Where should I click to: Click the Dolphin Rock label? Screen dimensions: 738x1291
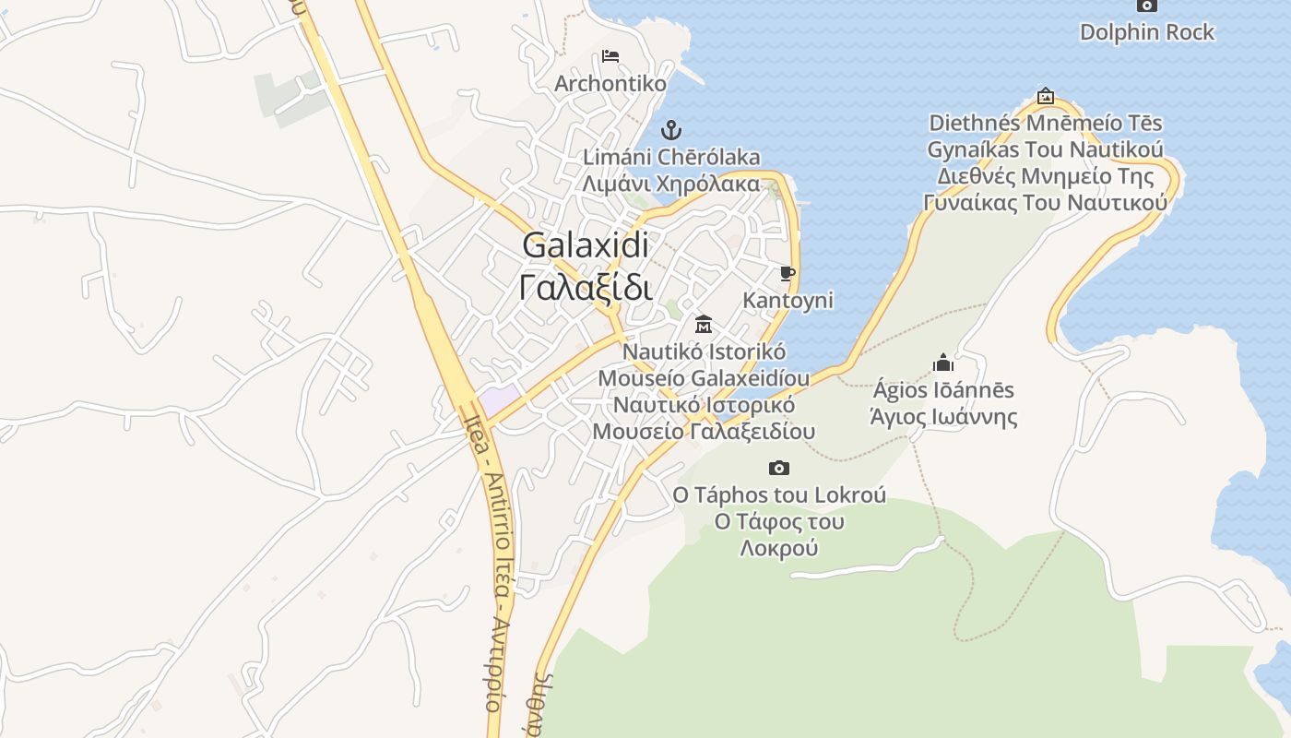pos(1146,32)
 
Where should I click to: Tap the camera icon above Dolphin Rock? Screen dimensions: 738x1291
pos(1146,6)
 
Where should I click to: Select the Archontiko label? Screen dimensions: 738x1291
pos(610,84)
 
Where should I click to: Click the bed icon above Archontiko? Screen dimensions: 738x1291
pos(610,56)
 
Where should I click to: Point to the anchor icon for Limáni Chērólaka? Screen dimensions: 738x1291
pos(671,129)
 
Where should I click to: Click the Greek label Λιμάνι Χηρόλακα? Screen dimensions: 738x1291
pos(670,183)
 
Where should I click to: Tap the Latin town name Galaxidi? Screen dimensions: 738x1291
pos(586,245)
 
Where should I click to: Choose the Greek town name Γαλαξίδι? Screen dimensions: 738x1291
pos(586,287)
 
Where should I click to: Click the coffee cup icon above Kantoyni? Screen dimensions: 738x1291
pos(787,273)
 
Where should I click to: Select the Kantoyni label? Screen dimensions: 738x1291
pos(788,301)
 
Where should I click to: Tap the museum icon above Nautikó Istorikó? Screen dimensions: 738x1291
pos(704,324)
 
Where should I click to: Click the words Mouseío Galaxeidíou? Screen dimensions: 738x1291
pos(704,378)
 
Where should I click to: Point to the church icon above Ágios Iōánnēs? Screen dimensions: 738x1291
pos(942,363)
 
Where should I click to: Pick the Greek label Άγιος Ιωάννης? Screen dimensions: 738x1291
pos(943,416)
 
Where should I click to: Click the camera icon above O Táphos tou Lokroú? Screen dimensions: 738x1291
pos(779,468)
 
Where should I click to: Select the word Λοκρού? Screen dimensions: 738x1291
pos(779,548)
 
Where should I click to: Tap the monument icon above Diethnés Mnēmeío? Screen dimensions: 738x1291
pos(1045,95)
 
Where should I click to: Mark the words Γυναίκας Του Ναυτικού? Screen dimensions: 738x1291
pos(1045,202)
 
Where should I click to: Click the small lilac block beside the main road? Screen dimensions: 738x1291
pos(497,400)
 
